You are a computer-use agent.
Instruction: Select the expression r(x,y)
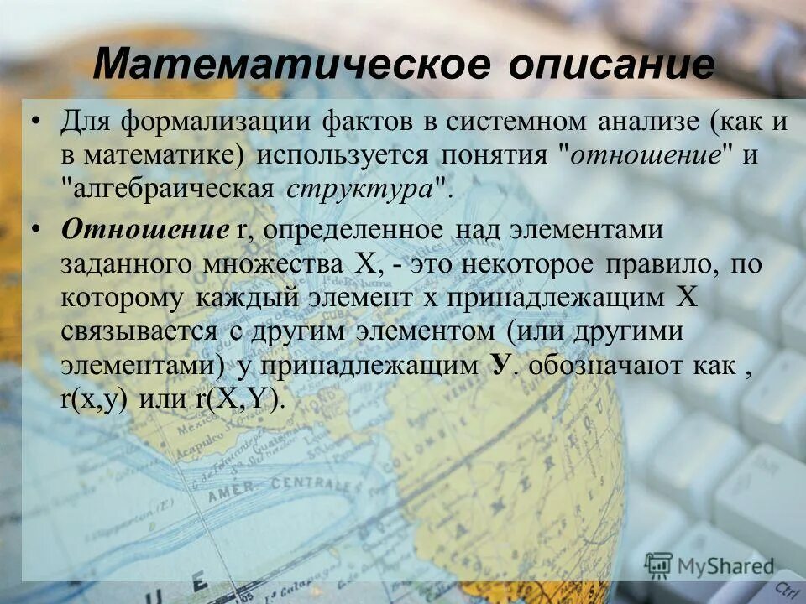(94, 399)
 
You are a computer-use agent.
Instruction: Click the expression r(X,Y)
(238, 399)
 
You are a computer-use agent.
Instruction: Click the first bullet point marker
(35, 123)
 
